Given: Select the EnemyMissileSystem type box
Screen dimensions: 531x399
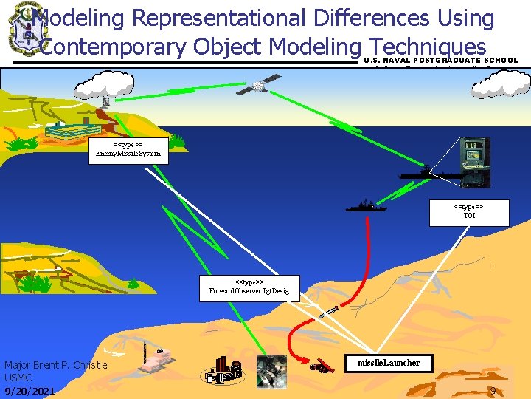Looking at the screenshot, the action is pyautogui.click(x=128, y=150).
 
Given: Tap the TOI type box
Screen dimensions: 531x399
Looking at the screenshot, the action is pyautogui.click(x=469, y=212).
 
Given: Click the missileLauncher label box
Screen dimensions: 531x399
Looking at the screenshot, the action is pyautogui.click(x=388, y=363).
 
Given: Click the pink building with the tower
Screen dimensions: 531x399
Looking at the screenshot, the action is pyautogui.click(x=159, y=362).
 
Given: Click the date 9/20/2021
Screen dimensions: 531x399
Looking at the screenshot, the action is pyautogui.click(x=29, y=391).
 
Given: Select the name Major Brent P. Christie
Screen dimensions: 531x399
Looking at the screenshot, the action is pyautogui.click(x=56, y=365).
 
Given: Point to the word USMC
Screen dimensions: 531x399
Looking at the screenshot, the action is pyautogui.click(x=18, y=378).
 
